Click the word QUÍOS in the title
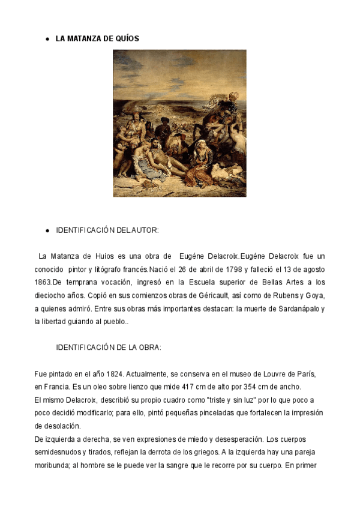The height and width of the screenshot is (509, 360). (x=128, y=38)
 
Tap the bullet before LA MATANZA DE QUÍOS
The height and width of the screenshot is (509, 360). (x=47, y=39)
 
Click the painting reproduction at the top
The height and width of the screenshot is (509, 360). (x=179, y=123)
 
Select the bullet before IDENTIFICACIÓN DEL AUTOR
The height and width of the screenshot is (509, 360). (x=47, y=230)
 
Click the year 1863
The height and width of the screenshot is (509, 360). (x=43, y=282)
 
